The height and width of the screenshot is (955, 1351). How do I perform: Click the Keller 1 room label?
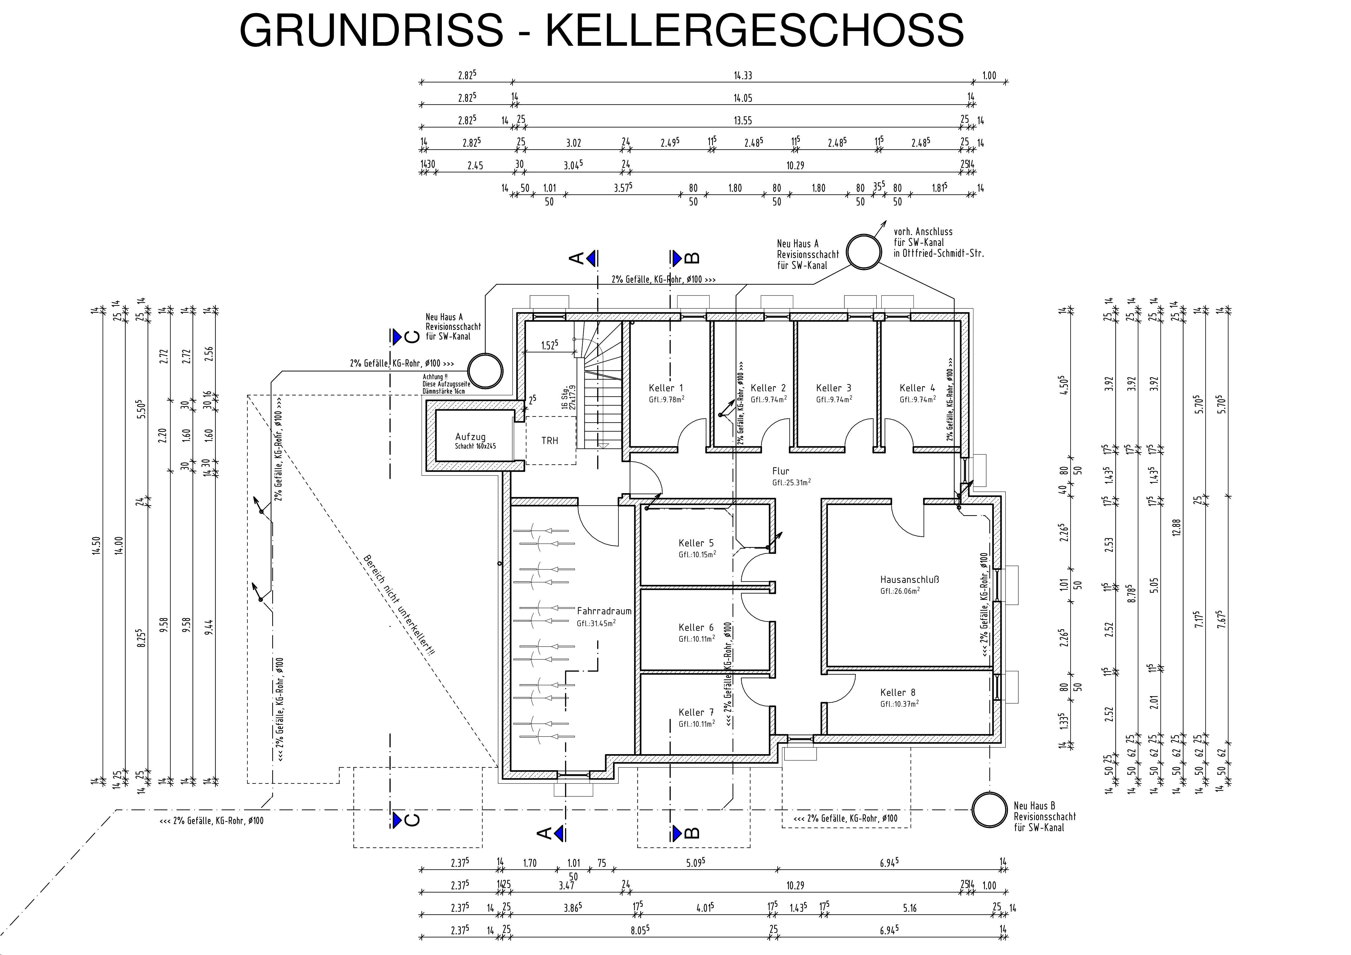[666, 388]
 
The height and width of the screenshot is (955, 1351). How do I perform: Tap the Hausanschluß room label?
[909, 580]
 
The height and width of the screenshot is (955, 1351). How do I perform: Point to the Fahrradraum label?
[604, 611]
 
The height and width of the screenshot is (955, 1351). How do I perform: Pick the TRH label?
[550, 440]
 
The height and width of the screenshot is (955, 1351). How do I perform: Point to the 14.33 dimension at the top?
[743, 75]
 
